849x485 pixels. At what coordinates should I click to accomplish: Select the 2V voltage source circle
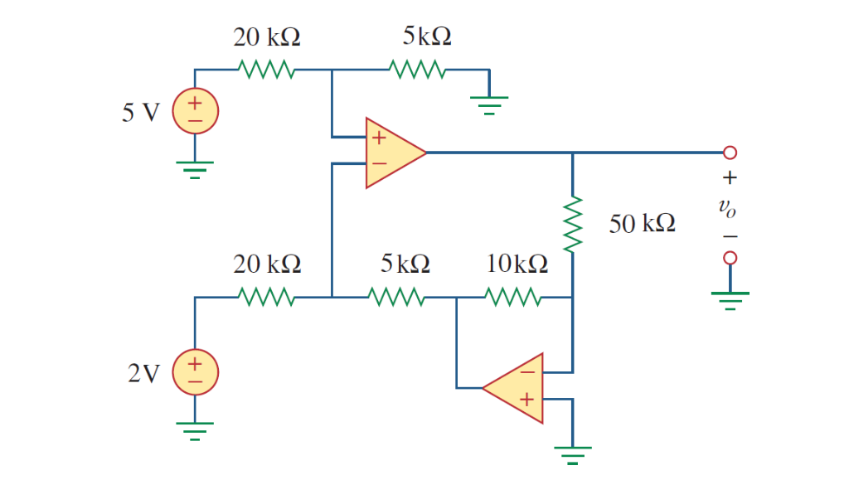coord(195,371)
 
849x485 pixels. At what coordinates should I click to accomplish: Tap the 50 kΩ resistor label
coord(642,223)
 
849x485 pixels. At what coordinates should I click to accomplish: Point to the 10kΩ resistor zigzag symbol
coord(513,296)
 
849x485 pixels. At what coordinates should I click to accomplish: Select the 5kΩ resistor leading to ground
coord(420,70)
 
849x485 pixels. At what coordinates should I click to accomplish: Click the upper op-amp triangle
coord(393,153)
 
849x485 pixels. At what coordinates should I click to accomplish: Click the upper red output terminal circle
coord(730,153)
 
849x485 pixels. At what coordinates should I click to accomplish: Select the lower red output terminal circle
coord(730,259)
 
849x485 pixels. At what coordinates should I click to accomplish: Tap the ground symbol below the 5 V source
coord(195,169)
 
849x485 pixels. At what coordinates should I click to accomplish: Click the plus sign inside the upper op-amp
coord(379,138)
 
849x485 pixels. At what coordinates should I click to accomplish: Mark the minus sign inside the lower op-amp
coord(527,372)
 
